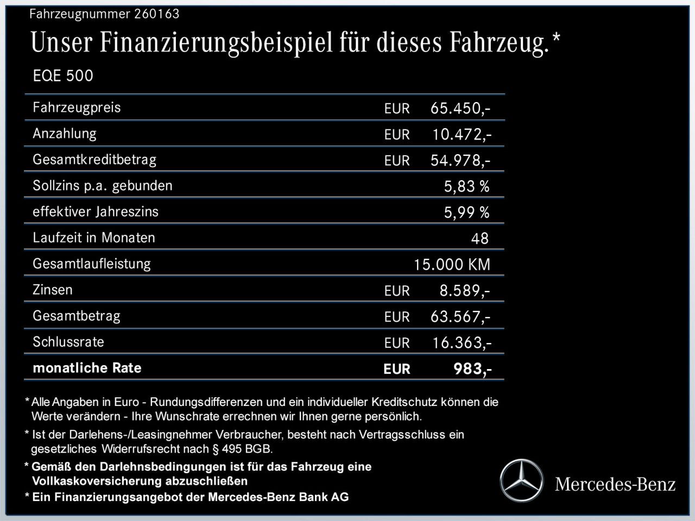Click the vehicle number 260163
(x=156, y=14)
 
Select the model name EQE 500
(x=63, y=76)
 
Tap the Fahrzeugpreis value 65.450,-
(x=460, y=108)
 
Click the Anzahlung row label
(x=65, y=134)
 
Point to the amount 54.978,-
(x=460, y=160)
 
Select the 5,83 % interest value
(x=466, y=187)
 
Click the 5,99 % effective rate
(x=466, y=213)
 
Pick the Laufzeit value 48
(x=480, y=239)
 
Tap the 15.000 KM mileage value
(x=452, y=265)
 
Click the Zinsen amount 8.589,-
(x=465, y=291)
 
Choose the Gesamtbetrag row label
(x=77, y=316)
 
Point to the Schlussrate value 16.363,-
(x=462, y=343)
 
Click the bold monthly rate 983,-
(x=472, y=369)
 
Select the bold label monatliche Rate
(x=87, y=368)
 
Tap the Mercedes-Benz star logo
(x=521, y=480)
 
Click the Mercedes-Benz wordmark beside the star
(x=615, y=484)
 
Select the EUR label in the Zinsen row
(x=397, y=291)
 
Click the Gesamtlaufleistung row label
(x=92, y=264)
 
